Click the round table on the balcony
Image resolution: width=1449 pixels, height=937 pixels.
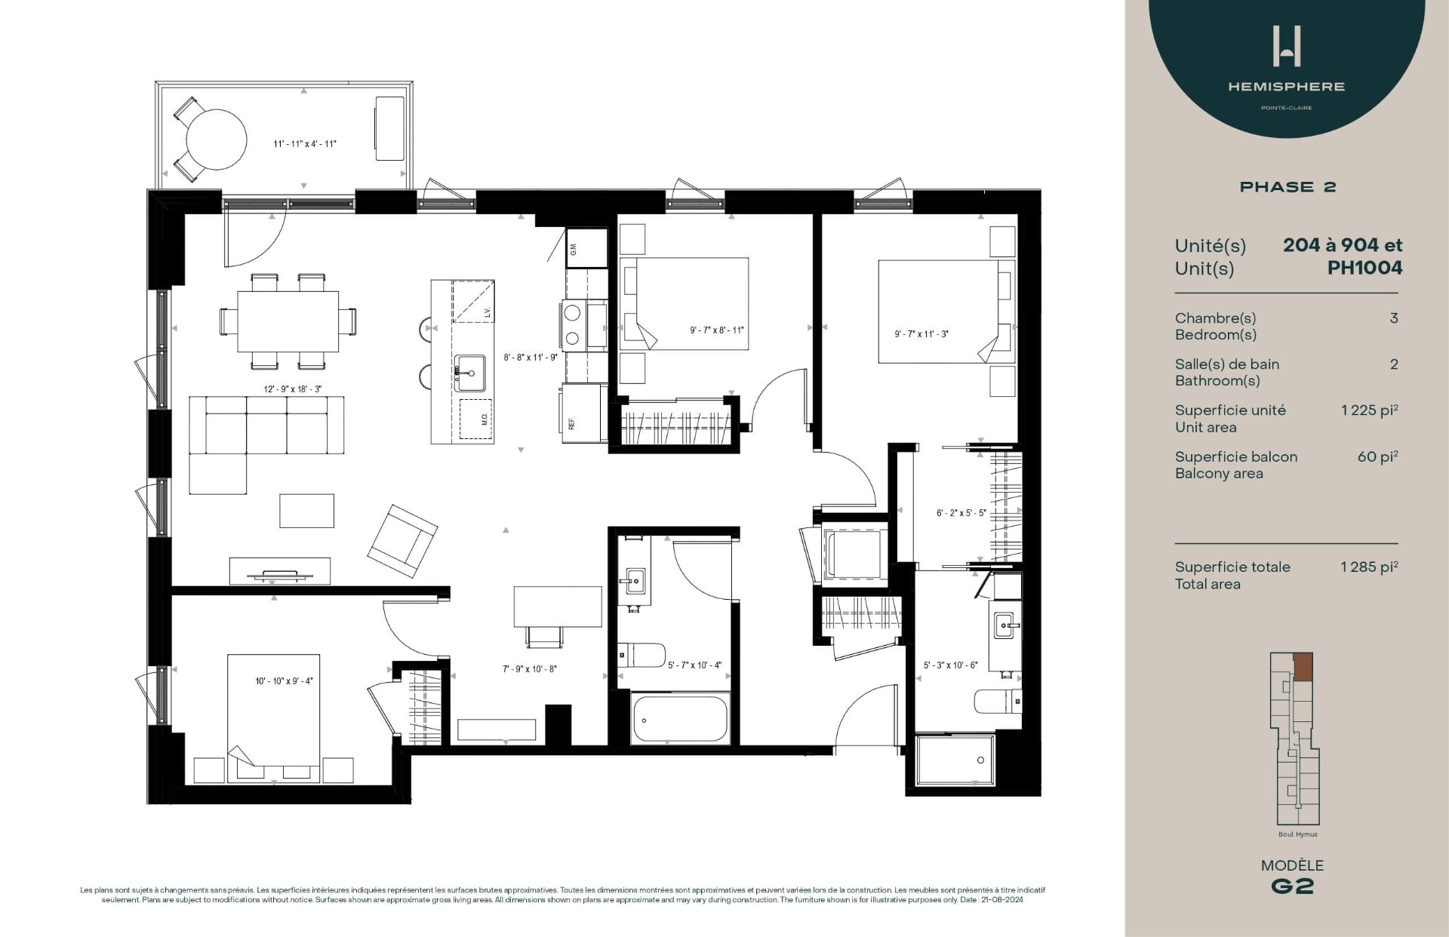click(x=217, y=140)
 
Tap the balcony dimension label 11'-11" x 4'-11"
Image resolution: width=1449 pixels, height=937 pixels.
click(x=305, y=144)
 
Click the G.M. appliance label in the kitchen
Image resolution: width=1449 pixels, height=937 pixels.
click(x=574, y=248)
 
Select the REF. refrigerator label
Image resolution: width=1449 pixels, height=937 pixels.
click(x=572, y=423)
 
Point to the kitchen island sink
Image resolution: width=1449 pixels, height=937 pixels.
click(x=470, y=373)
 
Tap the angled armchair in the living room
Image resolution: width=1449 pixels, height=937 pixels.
click(x=402, y=541)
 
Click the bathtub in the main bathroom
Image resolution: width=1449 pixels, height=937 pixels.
click(x=680, y=720)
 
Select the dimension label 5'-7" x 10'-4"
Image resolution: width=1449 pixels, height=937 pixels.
click(x=694, y=665)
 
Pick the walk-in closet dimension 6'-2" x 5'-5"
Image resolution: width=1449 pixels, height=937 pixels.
click(x=961, y=513)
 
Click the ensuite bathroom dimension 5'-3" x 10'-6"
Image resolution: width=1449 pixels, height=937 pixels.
click(x=950, y=665)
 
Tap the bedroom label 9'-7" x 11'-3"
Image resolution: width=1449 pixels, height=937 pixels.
click(x=921, y=334)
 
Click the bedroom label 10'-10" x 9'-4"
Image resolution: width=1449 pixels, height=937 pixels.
click(x=284, y=681)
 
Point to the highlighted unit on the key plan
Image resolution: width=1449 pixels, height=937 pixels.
click(x=1303, y=668)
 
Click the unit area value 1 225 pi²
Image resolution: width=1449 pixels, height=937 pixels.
click(x=1369, y=410)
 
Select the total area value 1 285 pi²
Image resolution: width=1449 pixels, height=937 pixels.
click(x=1369, y=567)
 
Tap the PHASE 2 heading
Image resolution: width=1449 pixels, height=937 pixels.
click(x=1287, y=187)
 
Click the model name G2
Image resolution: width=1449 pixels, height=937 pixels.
click(x=1292, y=886)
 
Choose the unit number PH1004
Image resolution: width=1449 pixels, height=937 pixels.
click(x=1364, y=268)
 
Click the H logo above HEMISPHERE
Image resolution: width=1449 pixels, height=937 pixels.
click(x=1286, y=46)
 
